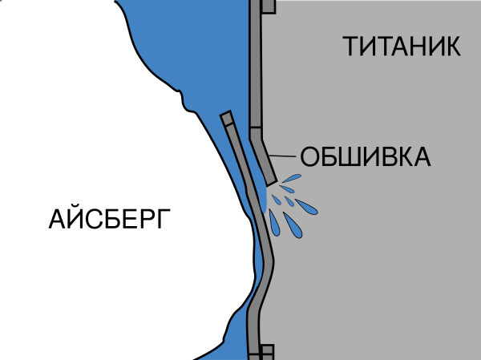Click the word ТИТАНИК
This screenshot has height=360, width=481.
click(x=402, y=46)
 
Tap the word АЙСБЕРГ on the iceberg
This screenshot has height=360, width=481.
click(x=110, y=219)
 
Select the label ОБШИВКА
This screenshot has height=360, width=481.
click(x=366, y=156)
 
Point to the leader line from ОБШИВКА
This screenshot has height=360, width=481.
click(x=282, y=156)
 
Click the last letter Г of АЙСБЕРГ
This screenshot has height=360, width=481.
click(x=164, y=219)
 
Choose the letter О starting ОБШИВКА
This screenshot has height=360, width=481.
click(x=309, y=156)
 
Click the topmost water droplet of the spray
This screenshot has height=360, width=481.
click(x=292, y=178)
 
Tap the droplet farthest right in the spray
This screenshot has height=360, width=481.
click(x=306, y=207)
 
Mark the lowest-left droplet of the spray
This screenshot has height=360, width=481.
click(x=275, y=224)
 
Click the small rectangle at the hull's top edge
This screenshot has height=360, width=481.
click(x=269, y=6)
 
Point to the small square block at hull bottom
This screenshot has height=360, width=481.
click(x=267, y=352)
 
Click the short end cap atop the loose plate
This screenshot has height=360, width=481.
click(x=227, y=119)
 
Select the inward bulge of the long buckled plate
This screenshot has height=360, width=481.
click(x=269, y=261)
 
